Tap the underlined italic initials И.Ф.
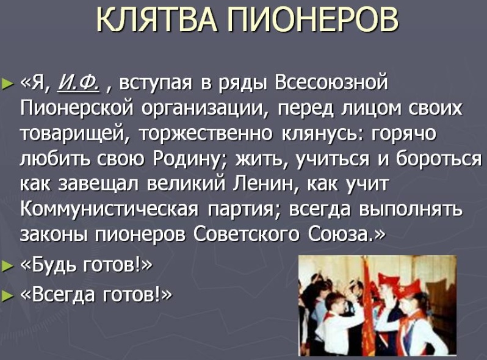[79, 83]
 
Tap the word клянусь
[322, 134]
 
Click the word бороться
[439, 159]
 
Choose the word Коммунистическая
[109, 209]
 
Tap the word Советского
[247, 235]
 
